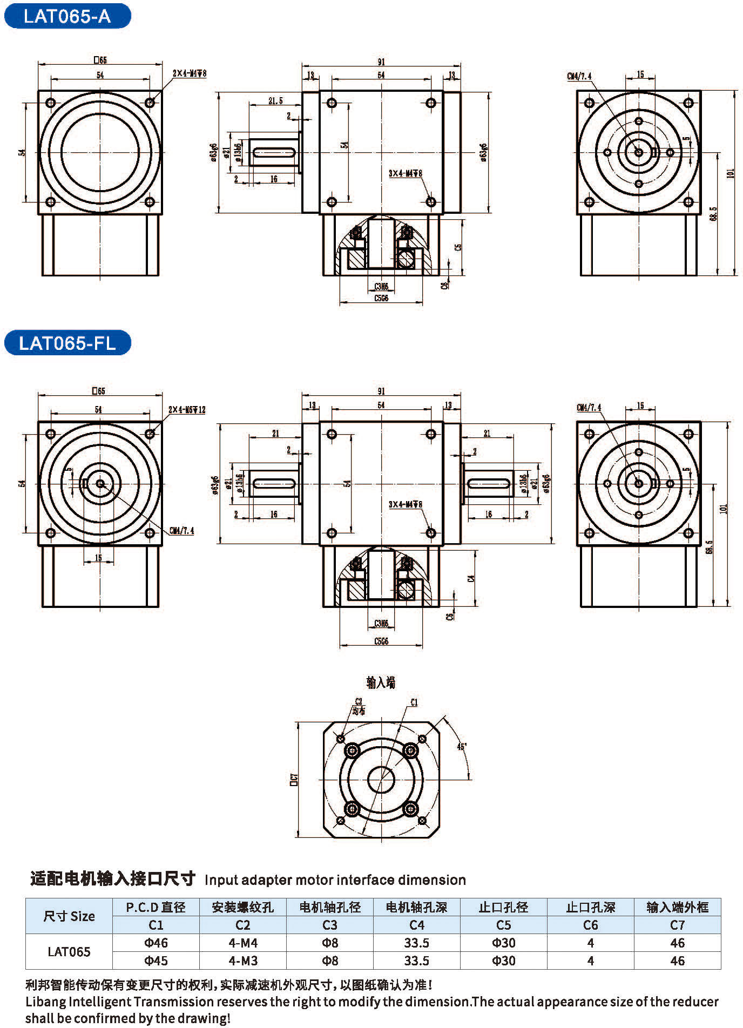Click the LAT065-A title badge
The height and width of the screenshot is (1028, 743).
[x=67, y=17]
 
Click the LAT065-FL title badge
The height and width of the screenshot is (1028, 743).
[x=67, y=343]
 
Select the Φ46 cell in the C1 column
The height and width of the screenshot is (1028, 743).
[x=156, y=943]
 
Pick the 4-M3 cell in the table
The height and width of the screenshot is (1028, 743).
[x=242, y=961]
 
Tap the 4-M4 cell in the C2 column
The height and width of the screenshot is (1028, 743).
[x=242, y=943]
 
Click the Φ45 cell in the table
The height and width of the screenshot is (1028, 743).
[x=156, y=961]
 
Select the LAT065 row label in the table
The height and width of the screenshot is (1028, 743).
[x=69, y=952]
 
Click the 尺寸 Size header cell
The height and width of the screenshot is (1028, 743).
[x=69, y=916]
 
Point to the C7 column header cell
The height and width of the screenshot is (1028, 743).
[x=677, y=925]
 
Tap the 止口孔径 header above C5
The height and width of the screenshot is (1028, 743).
[x=503, y=908]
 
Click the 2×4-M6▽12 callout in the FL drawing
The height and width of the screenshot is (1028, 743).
[x=187, y=410]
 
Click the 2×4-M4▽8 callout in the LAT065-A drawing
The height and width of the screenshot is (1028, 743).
[x=190, y=73]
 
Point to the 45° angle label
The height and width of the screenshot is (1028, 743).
[x=462, y=747]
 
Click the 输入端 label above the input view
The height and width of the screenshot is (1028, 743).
[x=381, y=683]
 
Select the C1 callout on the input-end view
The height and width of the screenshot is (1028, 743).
[x=414, y=702]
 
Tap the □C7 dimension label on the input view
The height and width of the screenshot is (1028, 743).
[x=294, y=779]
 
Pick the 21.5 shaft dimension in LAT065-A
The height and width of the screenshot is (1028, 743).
[x=275, y=101]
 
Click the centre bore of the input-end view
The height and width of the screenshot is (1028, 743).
[x=381, y=779]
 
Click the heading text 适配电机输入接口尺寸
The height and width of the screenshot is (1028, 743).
[x=112, y=880]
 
